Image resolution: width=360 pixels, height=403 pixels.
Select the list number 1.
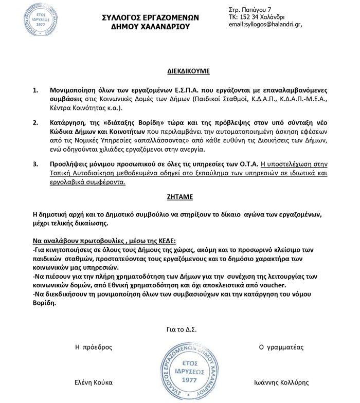pos(35,90)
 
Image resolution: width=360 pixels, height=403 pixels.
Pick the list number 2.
pos(35,124)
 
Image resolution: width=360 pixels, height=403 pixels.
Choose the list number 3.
pos(35,164)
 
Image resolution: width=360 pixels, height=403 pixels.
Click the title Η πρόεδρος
pos(94,347)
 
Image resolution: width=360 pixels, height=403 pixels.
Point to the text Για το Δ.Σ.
pos(182,329)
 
